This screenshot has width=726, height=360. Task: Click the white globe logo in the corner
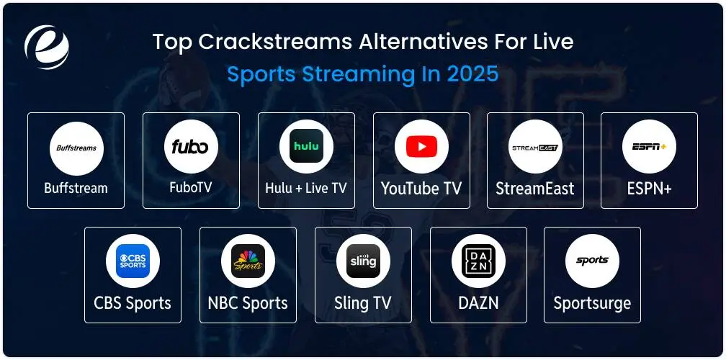46,47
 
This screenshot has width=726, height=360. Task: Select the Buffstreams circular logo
76,148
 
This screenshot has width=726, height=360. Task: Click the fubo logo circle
191,147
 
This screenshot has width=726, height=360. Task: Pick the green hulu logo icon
307,146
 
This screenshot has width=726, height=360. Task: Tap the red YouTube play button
422,147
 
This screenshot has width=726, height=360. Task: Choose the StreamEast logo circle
535,147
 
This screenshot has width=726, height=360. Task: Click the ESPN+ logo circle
649,147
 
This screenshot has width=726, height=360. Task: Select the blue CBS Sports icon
133,261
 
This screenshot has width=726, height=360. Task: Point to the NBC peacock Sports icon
248,261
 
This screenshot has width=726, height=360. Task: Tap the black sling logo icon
364,261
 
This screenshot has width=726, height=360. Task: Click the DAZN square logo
478,261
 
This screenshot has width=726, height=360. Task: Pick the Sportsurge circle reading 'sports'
592,261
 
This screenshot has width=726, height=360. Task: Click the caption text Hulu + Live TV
306,189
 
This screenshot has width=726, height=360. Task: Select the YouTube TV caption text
421,189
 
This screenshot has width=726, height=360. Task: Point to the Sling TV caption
363,303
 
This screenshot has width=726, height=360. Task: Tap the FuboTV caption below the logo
191,187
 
